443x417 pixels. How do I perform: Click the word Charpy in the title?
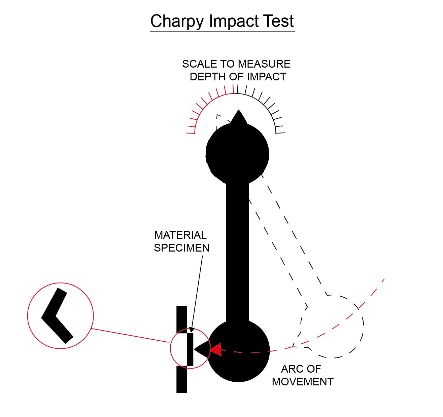(x=177, y=22)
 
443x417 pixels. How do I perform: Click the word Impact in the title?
(x=233, y=22)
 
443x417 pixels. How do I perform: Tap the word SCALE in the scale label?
(x=200, y=64)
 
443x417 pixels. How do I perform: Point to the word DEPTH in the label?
(x=208, y=77)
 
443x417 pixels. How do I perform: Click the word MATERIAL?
(x=180, y=235)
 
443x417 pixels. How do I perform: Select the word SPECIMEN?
(x=181, y=248)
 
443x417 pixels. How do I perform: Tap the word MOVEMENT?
(x=303, y=382)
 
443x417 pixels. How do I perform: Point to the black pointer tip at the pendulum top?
(x=238, y=110)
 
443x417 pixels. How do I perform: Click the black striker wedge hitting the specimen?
(x=202, y=349)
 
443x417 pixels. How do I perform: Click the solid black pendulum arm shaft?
(x=237, y=252)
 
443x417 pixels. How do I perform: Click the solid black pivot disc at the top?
(x=237, y=154)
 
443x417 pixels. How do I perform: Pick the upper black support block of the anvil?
(x=182, y=320)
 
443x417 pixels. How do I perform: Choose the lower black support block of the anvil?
(x=182, y=379)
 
